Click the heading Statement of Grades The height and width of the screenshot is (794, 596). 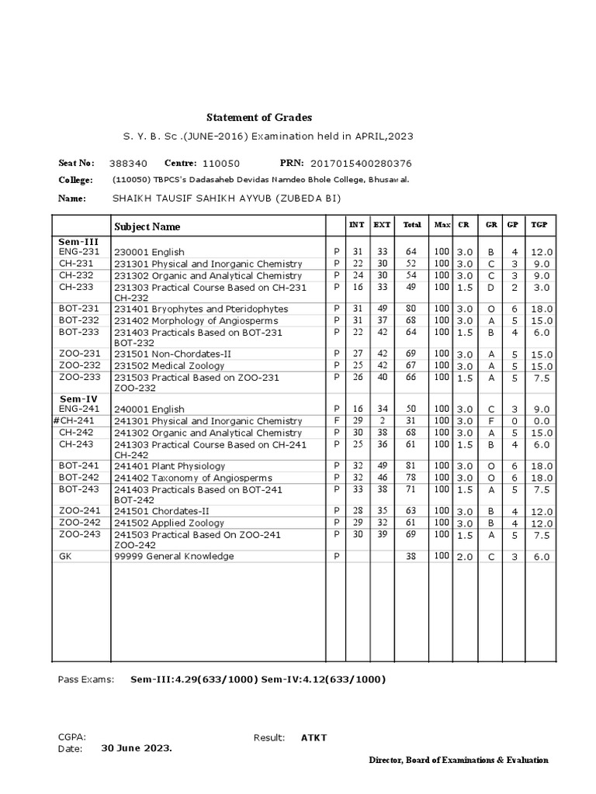point(258,117)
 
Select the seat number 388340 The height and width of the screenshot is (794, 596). point(128,164)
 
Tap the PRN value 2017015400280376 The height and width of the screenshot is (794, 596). point(361,164)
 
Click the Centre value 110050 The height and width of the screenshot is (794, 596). point(221,164)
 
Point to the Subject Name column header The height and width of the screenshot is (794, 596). point(147,226)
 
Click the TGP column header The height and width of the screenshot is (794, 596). point(539,225)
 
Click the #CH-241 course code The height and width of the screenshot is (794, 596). point(77,420)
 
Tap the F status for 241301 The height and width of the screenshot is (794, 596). point(336,420)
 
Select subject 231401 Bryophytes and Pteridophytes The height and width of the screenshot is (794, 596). point(201,309)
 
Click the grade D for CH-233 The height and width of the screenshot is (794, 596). point(490,288)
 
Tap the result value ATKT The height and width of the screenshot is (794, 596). point(314,737)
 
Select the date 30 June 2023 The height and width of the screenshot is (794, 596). point(137,749)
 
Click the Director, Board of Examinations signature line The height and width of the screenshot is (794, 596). point(458,761)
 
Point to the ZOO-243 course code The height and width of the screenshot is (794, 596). point(79,534)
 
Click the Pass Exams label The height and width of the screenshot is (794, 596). point(85,680)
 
